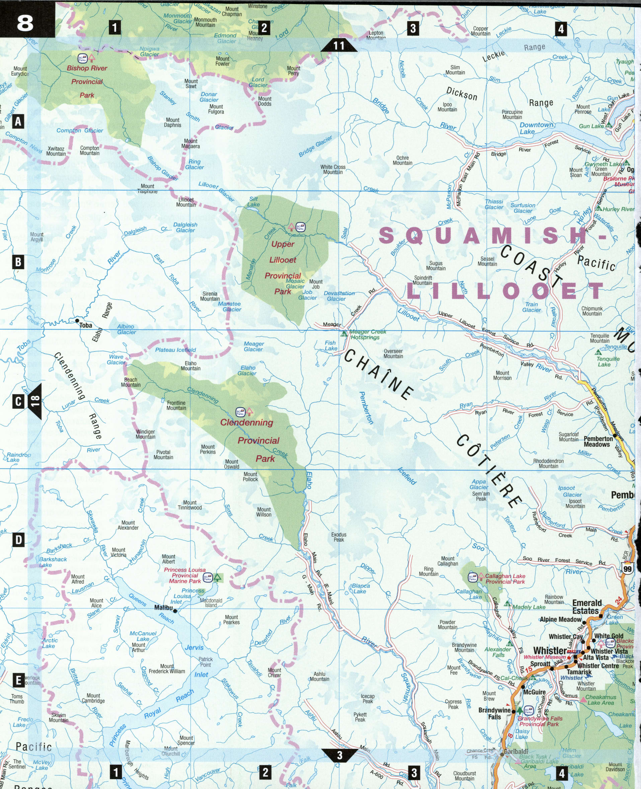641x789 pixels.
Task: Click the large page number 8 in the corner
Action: point(25,23)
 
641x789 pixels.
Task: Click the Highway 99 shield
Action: point(627,569)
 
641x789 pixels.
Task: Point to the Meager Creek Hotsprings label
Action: point(368,334)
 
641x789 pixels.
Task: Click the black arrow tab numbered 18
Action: point(35,401)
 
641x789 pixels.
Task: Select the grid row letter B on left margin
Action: point(18,262)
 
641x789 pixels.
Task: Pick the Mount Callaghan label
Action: point(448,561)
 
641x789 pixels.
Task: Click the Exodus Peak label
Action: point(339,537)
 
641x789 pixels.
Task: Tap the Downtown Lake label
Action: point(536,128)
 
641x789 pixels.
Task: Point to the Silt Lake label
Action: point(253,202)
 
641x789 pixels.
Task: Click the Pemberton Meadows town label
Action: point(598,441)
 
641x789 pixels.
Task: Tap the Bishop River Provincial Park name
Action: point(87,82)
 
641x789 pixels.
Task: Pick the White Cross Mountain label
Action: point(333,169)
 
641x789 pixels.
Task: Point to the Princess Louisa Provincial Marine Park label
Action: point(185,575)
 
